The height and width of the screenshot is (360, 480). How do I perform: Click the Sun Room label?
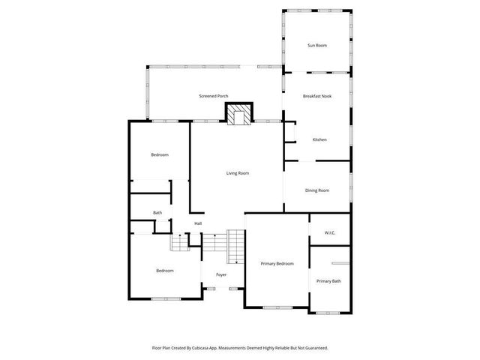point(316,46)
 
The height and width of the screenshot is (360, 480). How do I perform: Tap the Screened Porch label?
point(214,96)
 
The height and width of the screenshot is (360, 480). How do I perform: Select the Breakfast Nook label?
point(317,96)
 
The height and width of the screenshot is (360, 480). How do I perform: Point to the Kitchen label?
point(319,139)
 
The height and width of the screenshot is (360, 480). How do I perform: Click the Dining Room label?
point(317,190)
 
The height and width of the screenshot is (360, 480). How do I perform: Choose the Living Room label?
point(238,173)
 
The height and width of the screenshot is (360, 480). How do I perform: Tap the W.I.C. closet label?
point(330,232)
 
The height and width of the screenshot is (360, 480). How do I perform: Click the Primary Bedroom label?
point(277,263)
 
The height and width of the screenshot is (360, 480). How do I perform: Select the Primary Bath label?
point(328,281)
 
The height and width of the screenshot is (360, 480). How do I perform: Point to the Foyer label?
point(221,274)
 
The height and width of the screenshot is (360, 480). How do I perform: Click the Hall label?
point(198,223)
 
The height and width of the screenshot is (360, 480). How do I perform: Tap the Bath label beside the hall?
point(157,213)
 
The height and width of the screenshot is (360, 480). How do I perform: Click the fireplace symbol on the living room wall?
point(240,115)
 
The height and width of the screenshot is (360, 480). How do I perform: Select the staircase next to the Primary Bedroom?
point(235,247)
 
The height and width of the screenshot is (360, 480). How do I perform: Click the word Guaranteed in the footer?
point(313,348)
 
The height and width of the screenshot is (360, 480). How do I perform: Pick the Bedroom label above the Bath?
point(159,155)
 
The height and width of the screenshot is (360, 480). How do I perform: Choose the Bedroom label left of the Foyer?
point(165,271)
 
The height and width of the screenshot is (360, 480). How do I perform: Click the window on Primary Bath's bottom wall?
point(328,312)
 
